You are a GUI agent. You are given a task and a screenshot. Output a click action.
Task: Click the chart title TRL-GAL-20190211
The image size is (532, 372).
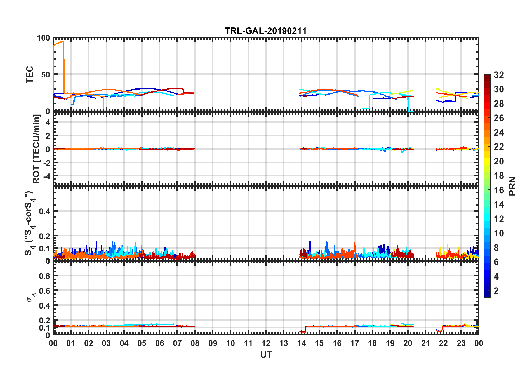pos(266,31)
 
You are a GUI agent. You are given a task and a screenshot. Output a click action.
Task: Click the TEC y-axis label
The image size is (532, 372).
pos(30,74)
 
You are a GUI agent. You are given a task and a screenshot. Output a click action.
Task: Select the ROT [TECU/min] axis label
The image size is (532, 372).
pos(36,149)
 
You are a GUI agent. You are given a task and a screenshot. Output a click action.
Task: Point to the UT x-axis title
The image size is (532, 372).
pos(266,355)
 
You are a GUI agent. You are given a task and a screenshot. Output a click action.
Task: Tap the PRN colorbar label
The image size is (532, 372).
pos(512,186)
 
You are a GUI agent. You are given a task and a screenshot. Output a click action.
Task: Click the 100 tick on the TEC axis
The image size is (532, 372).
pos(43,38)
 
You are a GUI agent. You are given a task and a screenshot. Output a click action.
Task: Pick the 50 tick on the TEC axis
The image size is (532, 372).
pos(46,75)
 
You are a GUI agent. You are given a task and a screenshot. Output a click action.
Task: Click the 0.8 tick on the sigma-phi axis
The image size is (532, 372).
pos(45,276)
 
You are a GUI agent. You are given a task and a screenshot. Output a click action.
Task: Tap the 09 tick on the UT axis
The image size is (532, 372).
pos(213,343)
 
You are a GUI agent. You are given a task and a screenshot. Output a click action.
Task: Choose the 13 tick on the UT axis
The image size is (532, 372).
pos(284,343)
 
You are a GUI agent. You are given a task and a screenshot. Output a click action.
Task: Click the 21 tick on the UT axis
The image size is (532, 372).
pos(425,343)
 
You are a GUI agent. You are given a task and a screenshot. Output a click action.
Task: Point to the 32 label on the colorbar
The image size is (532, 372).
pos(499,75)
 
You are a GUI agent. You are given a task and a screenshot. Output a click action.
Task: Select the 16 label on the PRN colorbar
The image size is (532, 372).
pos(499,190)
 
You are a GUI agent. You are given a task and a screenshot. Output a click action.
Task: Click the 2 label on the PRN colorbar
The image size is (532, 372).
pos(496,291)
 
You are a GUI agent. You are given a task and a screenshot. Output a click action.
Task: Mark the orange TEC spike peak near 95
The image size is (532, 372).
pos(63,41)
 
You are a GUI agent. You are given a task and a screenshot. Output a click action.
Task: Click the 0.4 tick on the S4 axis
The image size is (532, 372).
pos(45,211)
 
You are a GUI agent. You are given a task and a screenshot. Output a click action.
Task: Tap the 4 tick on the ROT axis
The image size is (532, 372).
pos(48,122)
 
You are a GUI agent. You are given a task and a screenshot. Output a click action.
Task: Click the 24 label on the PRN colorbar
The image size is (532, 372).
pos(499,133)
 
